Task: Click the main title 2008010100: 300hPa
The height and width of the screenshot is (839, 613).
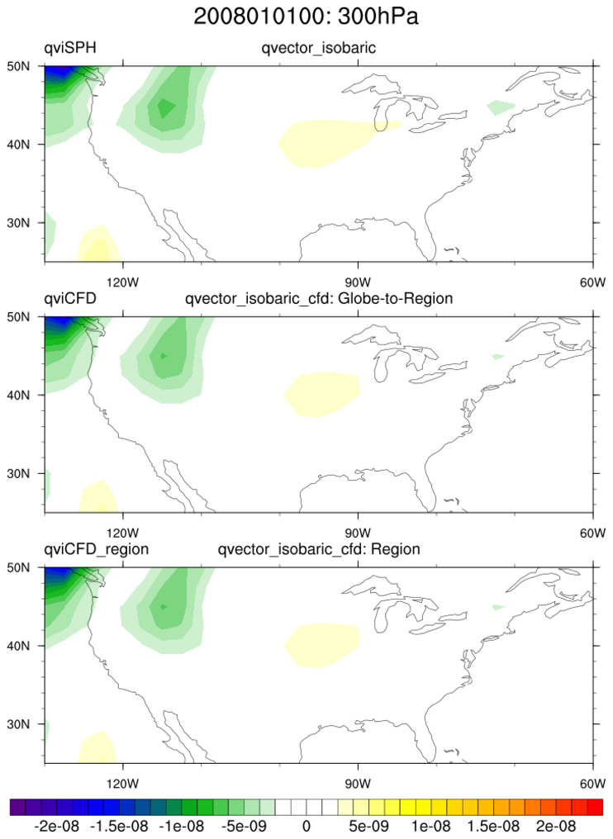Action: tap(306, 16)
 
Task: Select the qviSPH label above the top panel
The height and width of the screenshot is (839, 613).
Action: tap(70, 49)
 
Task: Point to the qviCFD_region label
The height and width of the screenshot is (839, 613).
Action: tap(96, 549)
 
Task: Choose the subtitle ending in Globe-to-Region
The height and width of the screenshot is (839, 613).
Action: tap(319, 299)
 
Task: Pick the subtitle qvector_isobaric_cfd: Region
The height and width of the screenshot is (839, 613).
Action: tap(319, 549)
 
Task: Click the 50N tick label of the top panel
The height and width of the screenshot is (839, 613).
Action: tap(31, 66)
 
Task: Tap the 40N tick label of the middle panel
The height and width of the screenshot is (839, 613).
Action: tap(31, 395)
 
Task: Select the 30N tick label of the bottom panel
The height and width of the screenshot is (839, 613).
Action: tap(31, 724)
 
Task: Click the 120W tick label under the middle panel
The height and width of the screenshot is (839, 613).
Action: tap(121, 532)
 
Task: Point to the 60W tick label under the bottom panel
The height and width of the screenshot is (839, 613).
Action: tap(592, 782)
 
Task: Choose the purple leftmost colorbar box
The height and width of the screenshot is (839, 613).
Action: tap(18, 807)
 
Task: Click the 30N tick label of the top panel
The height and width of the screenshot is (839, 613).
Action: tap(31, 223)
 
